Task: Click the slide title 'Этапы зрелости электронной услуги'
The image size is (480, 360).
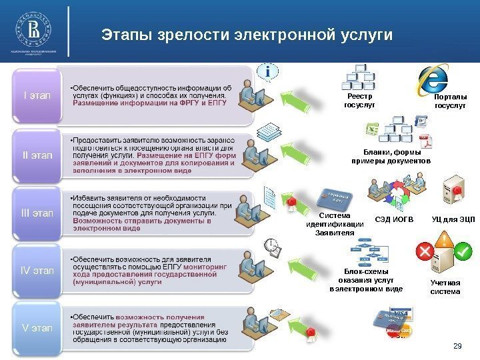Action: [247, 35]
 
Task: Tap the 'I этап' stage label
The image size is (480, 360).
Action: [37, 95]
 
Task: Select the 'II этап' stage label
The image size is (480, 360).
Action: [37, 155]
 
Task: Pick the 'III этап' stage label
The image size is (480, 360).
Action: [37, 213]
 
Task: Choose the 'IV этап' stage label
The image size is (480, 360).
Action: [37, 271]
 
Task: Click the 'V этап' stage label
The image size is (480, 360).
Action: [37, 327]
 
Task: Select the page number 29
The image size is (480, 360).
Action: [457, 345]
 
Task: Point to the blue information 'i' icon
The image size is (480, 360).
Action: [268, 71]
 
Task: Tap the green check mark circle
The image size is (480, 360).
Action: [462, 252]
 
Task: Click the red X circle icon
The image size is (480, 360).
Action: [423, 251]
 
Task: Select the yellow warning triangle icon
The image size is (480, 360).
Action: [443, 239]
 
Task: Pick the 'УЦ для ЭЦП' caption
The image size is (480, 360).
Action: [453, 219]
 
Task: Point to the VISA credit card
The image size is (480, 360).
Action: [399, 313]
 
